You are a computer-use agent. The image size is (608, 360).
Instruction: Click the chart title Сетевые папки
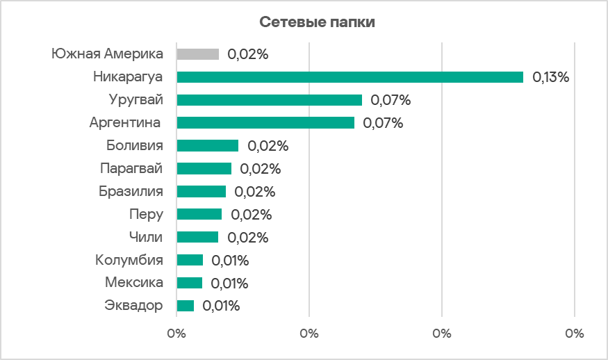click(x=318, y=22)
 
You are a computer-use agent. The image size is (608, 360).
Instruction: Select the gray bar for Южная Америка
click(x=198, y=54)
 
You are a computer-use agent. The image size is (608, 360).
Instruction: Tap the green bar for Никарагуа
click(x=350, y=77)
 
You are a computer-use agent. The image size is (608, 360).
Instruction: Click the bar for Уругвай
click(x=270, y=100)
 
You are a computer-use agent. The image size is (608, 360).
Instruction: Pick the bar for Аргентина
click(x=265, y=123)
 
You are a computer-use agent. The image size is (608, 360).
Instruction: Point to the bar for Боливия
click(x=208, y=146)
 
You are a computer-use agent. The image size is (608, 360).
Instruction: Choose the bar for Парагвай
click(x=204, y=169)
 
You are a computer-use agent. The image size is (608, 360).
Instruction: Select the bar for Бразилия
click(x=202, y=192)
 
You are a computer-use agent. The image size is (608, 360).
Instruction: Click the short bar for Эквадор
click(x=186, y=306)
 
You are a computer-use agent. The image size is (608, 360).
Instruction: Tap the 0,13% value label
click(x=551, y=77)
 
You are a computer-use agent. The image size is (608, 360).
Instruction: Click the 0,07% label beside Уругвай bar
click(x=391, y=100)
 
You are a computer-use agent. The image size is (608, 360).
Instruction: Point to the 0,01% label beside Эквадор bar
click(x=221, y=306)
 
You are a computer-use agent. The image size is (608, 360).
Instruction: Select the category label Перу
click(x=146, y=214)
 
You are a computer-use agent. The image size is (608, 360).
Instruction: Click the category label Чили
click(x=146, y=237)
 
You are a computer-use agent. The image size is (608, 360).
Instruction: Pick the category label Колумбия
click(x=129, y=261)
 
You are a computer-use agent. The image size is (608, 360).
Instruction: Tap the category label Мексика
click(x=134, y=283)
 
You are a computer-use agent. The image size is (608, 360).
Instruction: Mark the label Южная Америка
click(x=108, y=54)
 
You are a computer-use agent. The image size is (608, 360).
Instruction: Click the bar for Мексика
click(x=190, y=283)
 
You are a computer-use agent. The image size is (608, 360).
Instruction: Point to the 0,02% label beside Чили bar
click(x=247, y=238)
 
